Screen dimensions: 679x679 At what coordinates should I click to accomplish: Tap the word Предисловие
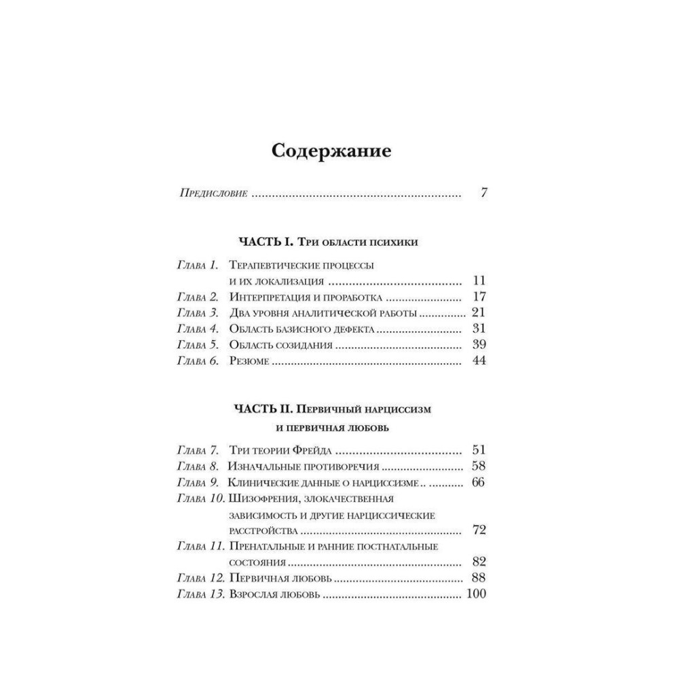213,194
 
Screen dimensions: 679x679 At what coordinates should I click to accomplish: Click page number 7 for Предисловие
483,193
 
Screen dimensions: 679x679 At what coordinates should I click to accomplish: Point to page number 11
479,280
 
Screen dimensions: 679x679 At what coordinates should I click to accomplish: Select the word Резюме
250,361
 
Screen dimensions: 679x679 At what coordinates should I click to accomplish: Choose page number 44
479,361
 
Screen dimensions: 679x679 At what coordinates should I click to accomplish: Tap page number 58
479,466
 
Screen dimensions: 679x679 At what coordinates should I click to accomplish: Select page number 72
479,530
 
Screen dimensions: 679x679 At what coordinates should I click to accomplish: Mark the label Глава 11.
200,546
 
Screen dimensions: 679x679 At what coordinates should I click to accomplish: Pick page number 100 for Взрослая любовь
476,595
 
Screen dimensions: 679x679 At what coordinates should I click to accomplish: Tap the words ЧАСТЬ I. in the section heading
265,242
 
